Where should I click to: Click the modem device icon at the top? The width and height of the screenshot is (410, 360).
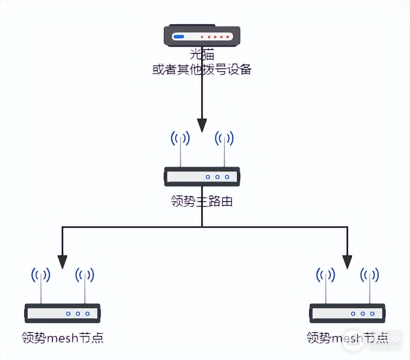click(x=202, y=36)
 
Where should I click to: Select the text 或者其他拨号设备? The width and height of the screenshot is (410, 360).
click(x=202, y=69)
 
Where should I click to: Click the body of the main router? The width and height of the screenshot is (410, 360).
click(x=202, y=177)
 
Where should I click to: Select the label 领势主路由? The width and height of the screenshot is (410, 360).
click(x=202, y=201)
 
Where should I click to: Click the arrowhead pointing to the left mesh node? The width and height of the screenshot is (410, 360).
click(x=63, y=261)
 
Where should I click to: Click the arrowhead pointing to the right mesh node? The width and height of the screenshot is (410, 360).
click(x=347, y=261)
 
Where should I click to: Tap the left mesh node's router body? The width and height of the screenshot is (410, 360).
click(x=63, y=313)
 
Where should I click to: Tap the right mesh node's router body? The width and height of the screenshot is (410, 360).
click(x=347, y=313)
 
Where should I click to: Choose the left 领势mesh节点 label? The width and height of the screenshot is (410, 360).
click(x=63, y=338)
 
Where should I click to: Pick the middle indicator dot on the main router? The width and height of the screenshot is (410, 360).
click(x=218, y=177)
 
